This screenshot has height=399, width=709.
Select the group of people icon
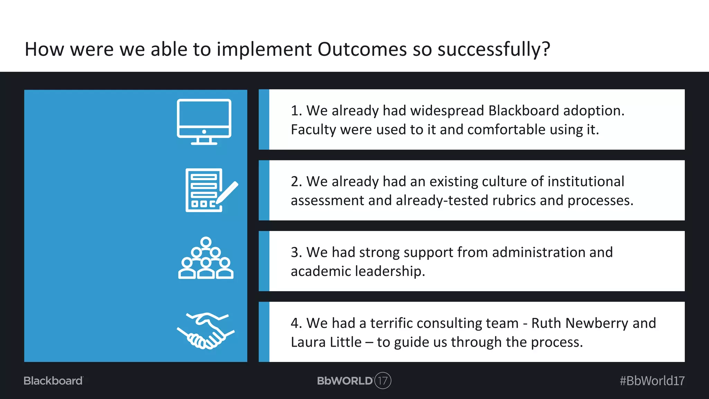(x=206, y=258)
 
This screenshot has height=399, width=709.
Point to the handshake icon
(x=206, y=331)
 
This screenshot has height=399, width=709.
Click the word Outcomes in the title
(x=362, y=49)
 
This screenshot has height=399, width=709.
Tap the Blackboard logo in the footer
(x=53, y=381)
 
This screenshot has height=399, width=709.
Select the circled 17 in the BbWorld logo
(x=383, y=381)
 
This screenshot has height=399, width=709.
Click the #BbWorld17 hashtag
(x=652, y=381)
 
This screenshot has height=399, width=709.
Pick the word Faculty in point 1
(x=313, y=130)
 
